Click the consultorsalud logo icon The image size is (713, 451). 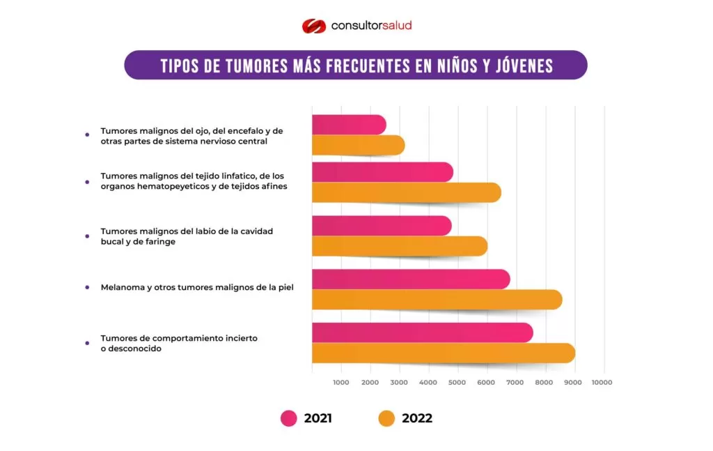pyautogui.click(x=313, y=26)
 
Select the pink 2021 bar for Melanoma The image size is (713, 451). pyautogui.click(x=410, y=280)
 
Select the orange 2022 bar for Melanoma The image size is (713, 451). pyautogui.click(x=436, y=300)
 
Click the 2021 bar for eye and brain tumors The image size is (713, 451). pyautogui.click(x=348, y=125)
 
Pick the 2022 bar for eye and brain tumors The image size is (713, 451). pyautogui.click(x=357, y=145)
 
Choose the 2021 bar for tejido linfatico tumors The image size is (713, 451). pyautogui.click(x=382, y=172)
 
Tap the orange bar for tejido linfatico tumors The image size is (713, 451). pyautogui.click(x=405, y=192)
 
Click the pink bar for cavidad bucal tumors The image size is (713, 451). pyautogui.click(x=381, y=226)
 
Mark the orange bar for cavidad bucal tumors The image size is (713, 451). pyautogui.click(x=398, y=246)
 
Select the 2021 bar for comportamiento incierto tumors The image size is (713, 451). pyautogui.click(x=422, y=332)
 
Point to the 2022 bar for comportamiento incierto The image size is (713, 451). pyautogui.click(x=443, y=353)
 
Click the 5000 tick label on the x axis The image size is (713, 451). pyautogui.click(x=457, y=382)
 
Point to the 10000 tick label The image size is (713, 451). pyautogui.click(x=602, y=382)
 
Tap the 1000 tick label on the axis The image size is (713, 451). pyautogui.click(x=340, y=382)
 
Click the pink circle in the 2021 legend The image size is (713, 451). pyautogui.click(x=289, y=418)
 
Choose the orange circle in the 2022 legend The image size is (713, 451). pyautogui.click(x=386, y=418)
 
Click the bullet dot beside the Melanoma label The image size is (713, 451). pyautogui.click(x=86, y=286)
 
